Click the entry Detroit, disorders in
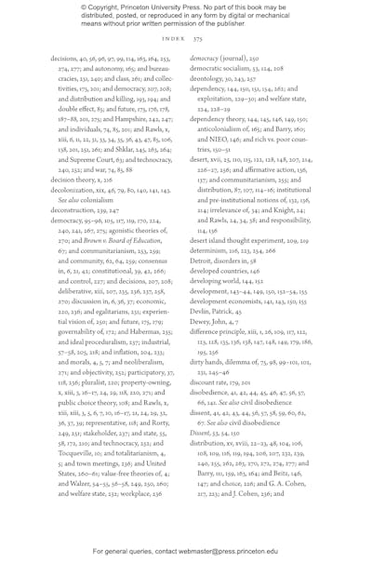(229, 280)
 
